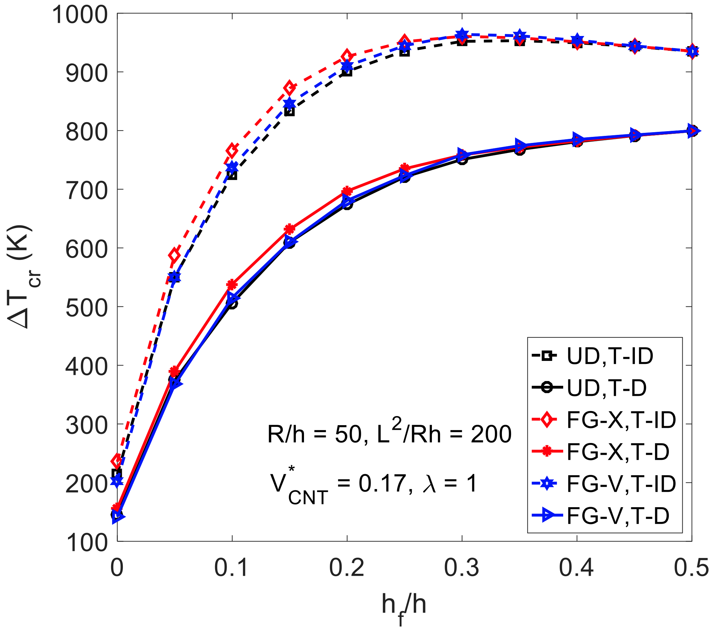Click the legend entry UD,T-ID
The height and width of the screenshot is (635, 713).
[610, 356]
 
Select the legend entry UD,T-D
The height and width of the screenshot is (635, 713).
[607, 388]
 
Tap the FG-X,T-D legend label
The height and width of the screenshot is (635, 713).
[618, 452]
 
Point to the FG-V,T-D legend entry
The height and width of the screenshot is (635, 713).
[618, 516]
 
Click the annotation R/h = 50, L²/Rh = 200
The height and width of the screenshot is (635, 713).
[389, 434]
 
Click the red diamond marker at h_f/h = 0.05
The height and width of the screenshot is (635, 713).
[175, 255]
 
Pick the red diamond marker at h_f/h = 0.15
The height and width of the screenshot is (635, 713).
[290, 88]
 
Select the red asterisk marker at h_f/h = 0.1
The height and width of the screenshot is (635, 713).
[232, 285]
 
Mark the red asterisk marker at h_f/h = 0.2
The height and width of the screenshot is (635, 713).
[347, 191]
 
